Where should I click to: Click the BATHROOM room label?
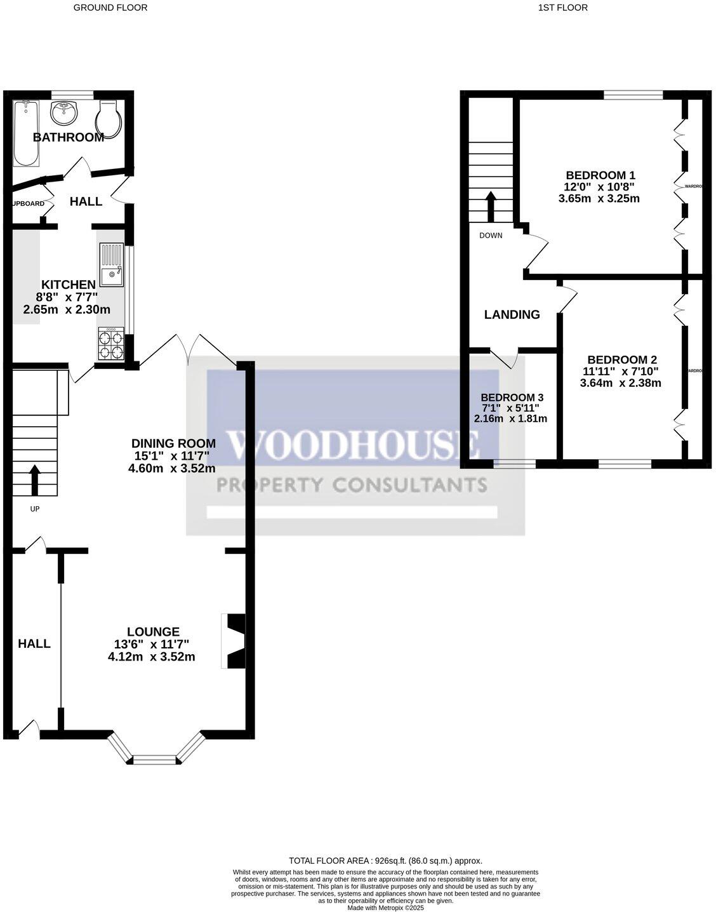click(x=69, y=137)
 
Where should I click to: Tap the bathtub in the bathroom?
click(x=26, y=133)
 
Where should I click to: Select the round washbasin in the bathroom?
click(x=63, y=114)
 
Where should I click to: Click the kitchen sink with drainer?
click(x=111, y=265)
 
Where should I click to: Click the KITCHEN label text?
click(x=69, y=285)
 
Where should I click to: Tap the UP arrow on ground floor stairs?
click(x=34, y=479)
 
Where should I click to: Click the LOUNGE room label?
click(x=153, y=632)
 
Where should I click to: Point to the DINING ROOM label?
click(x=173, y=443)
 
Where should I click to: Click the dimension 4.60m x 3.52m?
click(x=171, y=469)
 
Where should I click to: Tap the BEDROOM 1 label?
click(x=600, y=175)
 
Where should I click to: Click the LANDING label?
click(x=512, y=314)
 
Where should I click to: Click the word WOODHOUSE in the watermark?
click(x=353, y=444)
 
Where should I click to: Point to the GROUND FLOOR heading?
click(x=110, y=8)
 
